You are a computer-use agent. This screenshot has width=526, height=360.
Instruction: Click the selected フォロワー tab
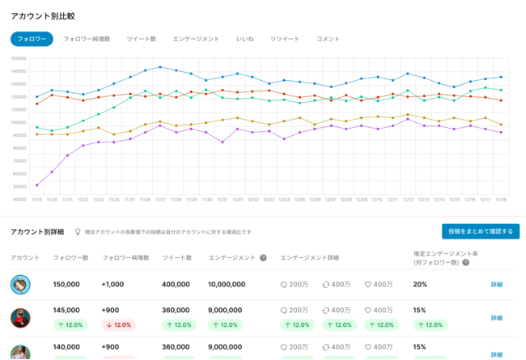pyautogui.click(x=32, y=39)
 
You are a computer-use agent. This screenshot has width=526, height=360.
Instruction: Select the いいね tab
pyautogui.click(x=244, y=39)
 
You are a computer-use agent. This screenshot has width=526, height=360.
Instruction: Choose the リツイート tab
pyautogui.click(x=285, y=39)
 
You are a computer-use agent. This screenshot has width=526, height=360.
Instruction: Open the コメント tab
pyautogui.click(x=328, y=39)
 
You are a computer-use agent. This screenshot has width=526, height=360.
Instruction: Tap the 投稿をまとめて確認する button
pyautogui.click(x=480, y=231)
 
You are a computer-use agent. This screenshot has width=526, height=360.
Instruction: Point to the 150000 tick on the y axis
pyautogui.click(x=19, y=58)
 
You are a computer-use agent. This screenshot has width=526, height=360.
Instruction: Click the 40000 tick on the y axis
pyautogui.click(x=19, y=199)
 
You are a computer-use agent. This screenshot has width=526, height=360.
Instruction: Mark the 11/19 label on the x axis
pyautogui.click(x=36, y=199)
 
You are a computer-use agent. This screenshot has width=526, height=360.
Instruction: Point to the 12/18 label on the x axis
pyautogui.click(x=501, y=199)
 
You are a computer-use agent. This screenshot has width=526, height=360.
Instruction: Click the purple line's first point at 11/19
pyautogui.click(x=36, y=185)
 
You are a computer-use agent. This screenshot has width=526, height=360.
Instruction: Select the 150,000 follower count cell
pyautogui.click(x=66, y=285)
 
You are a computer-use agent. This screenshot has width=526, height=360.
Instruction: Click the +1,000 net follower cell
pyautogui.click(x=114, y=285)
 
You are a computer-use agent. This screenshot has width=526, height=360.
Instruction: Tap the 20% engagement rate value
pyautogui.click(x=420, y=285)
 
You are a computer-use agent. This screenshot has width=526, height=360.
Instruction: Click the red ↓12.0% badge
pyautogui.click(x=119, y=325)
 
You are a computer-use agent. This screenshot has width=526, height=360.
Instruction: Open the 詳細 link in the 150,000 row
pyautogui.click(x=497, y=285)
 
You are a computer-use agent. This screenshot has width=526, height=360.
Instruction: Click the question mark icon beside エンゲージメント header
pyautogui.click(x=263, y=258)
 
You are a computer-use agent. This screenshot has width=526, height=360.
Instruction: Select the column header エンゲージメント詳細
pyautogui.click(x=310, y=258)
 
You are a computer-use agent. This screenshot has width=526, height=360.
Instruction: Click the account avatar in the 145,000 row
pyautogui.click(x=20, y=317)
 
